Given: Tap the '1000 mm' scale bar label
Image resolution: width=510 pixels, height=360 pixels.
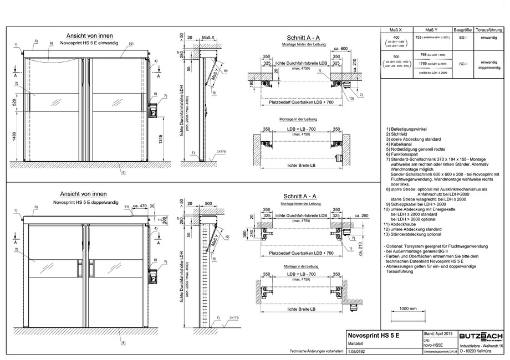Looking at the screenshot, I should coord(407,308).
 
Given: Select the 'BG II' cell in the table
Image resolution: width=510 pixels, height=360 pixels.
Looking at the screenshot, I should coord(462,64).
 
